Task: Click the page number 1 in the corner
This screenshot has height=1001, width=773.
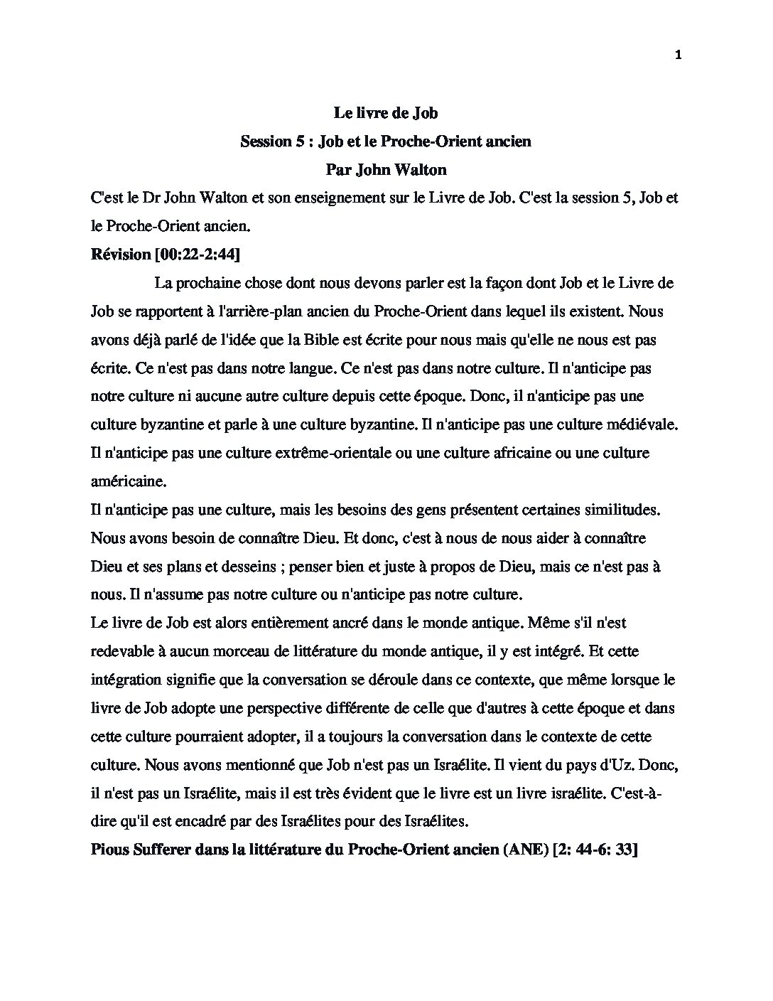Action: tap(678, 56)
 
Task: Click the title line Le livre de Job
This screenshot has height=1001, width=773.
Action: tap(386, 112)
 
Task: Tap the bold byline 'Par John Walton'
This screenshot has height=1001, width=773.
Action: tap(386, 169)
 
